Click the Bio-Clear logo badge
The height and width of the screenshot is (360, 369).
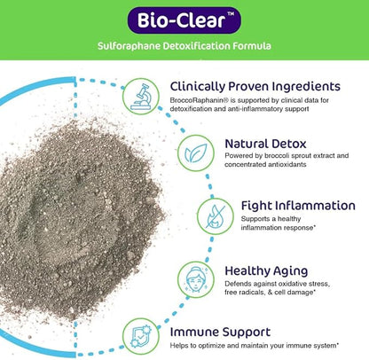tap(184, 20)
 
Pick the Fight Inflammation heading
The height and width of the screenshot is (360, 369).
tap(298, 205)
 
